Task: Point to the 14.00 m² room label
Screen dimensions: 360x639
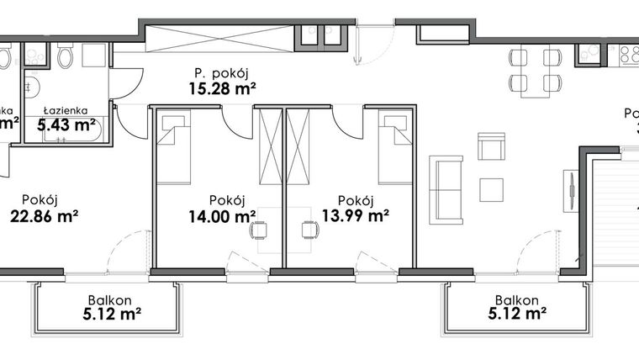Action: [x=221, y=215]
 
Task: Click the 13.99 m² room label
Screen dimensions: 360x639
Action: [x=355, y=215]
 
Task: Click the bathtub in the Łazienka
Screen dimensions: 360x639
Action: [x=71, y=130]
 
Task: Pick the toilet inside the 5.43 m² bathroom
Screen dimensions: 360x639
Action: [x=66, y=57]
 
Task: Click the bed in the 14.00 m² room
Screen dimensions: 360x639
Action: [x=173, y=150]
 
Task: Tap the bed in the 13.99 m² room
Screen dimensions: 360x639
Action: [x=394, y=150]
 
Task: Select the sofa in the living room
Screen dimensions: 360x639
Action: [x=446, y=190]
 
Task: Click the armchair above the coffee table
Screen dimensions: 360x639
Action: [x=491, y=146]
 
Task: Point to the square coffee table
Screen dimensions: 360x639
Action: [x=491, y=189]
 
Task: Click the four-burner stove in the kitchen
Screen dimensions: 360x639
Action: [x=628, y=55]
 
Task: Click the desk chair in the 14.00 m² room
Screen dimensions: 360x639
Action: [x=260, y=230]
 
